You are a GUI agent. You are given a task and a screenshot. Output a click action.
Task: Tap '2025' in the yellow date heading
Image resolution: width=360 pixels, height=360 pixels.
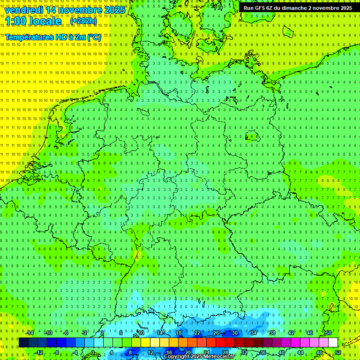click(x=114, y=10)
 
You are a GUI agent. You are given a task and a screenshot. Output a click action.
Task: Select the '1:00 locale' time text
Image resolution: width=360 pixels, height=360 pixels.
click(x=33, y=21)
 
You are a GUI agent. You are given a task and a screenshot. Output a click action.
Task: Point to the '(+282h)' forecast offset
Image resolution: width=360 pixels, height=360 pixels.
click(x=83, y=21)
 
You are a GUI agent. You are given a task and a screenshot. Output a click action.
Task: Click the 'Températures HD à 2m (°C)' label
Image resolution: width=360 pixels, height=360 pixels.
click(x=52, y=37)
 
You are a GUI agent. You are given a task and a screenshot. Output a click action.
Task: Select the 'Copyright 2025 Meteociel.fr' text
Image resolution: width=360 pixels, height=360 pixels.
click(x=199, y=357)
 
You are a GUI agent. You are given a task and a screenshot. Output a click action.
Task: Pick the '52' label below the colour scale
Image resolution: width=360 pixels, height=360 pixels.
click(x=338, y=352)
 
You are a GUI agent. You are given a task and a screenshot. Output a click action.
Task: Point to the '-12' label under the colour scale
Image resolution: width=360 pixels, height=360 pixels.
click(x=39, y=352)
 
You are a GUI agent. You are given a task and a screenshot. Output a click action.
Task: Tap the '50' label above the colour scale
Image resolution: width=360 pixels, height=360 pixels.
click(x=328, y=333)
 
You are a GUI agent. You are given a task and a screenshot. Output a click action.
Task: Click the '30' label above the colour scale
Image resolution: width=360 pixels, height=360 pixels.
click(x=234, y=333)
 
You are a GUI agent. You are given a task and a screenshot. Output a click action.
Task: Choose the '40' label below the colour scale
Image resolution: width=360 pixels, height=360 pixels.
click(x=281, y=352)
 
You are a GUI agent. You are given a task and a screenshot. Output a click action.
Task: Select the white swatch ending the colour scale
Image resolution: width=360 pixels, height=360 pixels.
click(x=333, y=342)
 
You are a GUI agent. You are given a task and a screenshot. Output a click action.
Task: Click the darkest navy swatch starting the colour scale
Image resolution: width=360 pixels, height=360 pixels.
click(x=23, y=342)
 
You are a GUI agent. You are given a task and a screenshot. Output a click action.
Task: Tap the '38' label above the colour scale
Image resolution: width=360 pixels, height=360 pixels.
click(x=272, y=333)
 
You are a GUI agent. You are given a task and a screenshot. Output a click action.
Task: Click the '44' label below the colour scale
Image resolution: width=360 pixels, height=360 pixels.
click(x=300, y=352)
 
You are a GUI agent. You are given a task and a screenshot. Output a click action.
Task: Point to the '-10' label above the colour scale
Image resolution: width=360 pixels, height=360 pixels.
click(x=48, y=333)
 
